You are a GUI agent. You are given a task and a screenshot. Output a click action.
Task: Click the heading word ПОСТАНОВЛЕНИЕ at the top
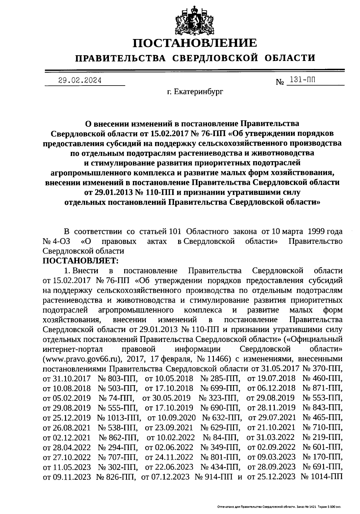coord(195,43)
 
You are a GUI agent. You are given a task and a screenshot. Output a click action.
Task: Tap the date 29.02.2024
coord(80,80)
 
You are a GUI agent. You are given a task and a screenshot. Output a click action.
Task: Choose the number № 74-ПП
coord(116,398)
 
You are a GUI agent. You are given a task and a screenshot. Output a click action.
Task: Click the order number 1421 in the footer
coord(308,506)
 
